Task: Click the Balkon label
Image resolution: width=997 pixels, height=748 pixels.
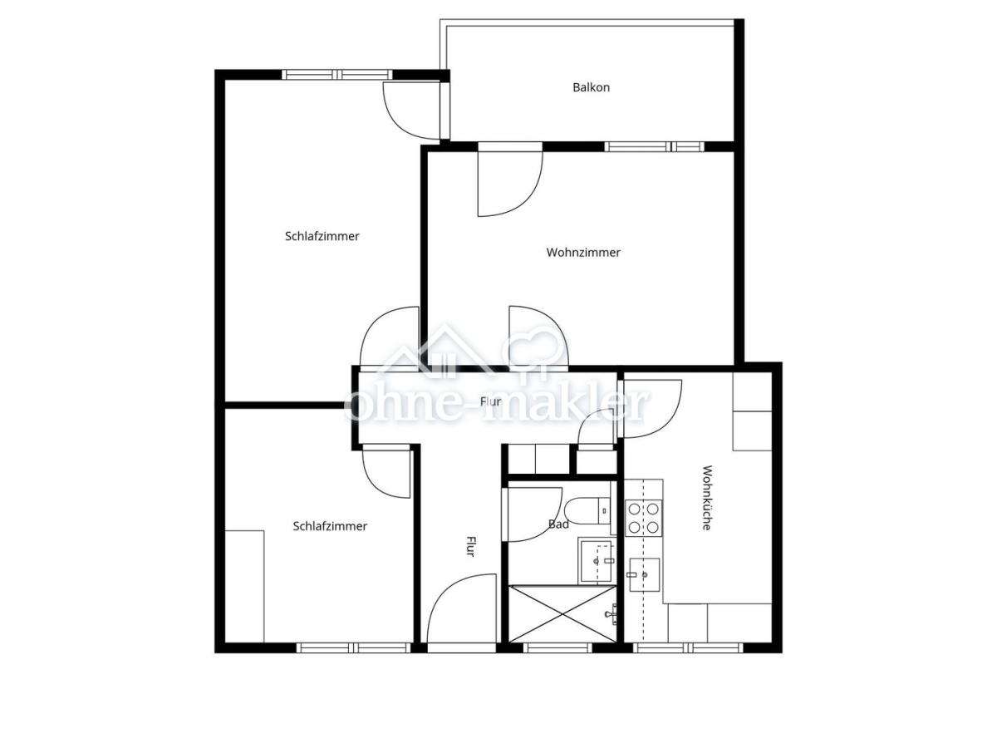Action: click(591, 87)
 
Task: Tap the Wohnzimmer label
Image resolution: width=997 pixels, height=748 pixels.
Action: click(582, 252)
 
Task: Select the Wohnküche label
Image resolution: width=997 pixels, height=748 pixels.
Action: click(706, 497)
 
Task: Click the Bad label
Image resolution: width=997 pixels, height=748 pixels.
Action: click(558, 524)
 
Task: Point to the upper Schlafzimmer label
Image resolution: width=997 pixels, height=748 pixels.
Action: click(322, 236)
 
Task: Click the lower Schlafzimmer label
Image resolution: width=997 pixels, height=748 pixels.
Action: click(330, 526)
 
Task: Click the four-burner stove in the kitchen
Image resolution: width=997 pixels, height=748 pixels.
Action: click(643, 517)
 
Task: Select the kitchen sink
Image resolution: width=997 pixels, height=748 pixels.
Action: click(644, 575)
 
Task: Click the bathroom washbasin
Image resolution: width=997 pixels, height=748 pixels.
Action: click(597, 560)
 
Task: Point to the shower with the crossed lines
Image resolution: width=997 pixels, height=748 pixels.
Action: click(562, 613)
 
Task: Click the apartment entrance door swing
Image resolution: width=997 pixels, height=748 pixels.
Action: click(461, 608)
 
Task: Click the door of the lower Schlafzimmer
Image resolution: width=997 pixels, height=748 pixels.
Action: click(386, 474)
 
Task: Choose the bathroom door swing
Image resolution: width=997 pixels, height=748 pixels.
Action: click(533, 515)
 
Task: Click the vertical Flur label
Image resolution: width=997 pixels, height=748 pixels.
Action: click(471, 546)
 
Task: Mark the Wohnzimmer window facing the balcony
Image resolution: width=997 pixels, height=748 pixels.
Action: click(654, 146)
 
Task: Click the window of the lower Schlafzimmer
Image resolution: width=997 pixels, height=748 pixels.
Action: click(353, 647)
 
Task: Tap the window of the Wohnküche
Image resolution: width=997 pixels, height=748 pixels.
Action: click(688, 647)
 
